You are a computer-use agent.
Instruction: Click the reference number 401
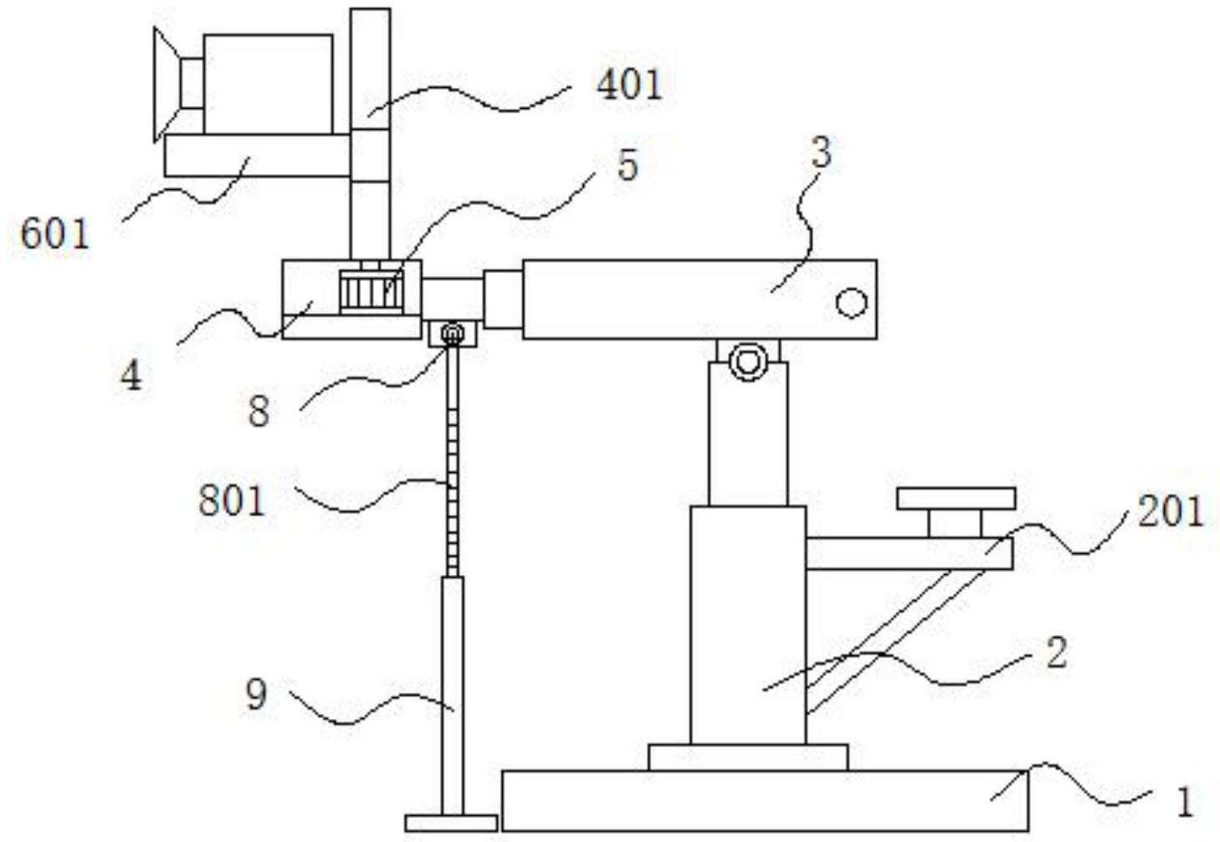click(x=630, y=85)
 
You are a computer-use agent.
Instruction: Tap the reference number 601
click(x=55, y=234)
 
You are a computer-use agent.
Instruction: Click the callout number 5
click(x=628, y=165)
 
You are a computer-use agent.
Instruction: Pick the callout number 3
click(x=822, y=152)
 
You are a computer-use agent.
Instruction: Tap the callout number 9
click(x=257, y=695)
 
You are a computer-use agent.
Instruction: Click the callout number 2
click(x=1057, y=653)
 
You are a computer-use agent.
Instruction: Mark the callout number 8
click(x=259, y=411)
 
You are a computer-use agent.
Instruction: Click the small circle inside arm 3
click(x=851, y=302)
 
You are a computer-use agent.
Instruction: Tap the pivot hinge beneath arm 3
click(x=748, y=360)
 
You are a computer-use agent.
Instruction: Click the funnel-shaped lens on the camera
click(x=167, y=85)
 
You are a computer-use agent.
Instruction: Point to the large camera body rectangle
click(x=268, y=85)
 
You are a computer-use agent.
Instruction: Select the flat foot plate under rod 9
click(x=451, y=823)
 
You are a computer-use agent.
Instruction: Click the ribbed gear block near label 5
click(x=372, y=292)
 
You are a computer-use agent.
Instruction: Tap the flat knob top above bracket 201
click(x=956, y=499)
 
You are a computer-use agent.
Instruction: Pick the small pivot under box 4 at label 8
click(x=453, y=332)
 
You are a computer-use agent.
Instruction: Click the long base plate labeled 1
click(x=766, y=801)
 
